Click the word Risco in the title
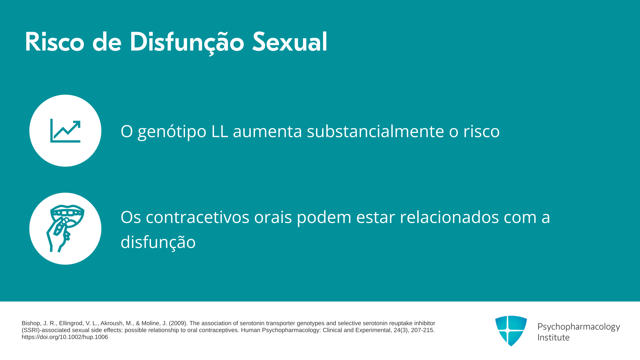pos(55,42)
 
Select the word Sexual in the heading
pos(290,42)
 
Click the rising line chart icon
pos(65,131)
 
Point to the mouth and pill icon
pos(65,229)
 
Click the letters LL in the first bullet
pos(220,131)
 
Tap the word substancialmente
pos(375,131)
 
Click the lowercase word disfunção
pos(158,242)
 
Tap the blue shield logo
pos(511,331)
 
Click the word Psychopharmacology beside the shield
pos(579,327)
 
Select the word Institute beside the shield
pos(553,337)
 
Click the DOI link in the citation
pos(65,337)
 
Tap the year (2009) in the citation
pos(178,323)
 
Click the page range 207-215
pos(422,330)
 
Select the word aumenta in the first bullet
pos(267,131)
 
